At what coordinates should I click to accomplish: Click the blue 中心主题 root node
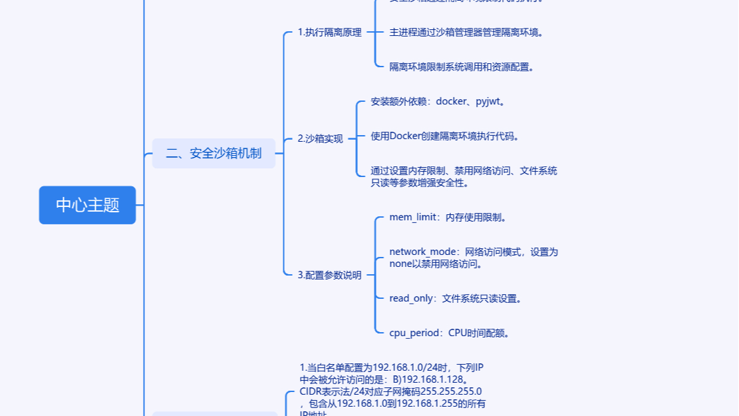(x=87, y=205)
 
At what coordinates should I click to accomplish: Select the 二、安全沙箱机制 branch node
(x=214, y=153)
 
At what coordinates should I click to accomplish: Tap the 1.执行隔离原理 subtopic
(x=329, y=32)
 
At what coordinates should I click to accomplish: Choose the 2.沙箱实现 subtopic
(x=320, y=138)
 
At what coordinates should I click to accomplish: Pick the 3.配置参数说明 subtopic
(x=329, y=274)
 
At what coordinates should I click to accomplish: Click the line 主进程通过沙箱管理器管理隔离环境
(x=466, y=32)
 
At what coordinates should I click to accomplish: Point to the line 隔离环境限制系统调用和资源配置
(x=462, y=67)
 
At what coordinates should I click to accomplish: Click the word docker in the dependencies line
(x=451, y=102)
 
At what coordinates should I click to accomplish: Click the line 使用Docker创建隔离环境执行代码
(x=444, y=136)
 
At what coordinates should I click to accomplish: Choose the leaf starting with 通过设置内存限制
(x=464, y=176)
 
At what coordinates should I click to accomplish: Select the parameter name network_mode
(x=422, y=252)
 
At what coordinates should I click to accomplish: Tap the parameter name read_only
(x=411, y=298)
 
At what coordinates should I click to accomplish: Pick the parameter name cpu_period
(x=414, y=333)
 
